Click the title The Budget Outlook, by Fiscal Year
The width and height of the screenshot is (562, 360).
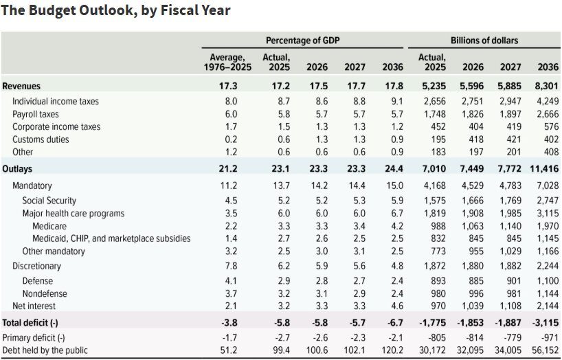tap(115, 10)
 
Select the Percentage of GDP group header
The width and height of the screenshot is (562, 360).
tap(302, 41)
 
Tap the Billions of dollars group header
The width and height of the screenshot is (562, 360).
tap(484, 41)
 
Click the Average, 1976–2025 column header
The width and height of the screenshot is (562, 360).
tap(227, 63)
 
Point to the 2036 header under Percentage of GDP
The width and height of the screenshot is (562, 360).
tap(392, 67)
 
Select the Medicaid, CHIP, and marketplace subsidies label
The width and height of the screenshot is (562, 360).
tap(111, 238)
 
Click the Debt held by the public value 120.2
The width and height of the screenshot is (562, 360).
tap(392, 351)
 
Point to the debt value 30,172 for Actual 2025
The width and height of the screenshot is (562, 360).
tap(431, 351)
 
